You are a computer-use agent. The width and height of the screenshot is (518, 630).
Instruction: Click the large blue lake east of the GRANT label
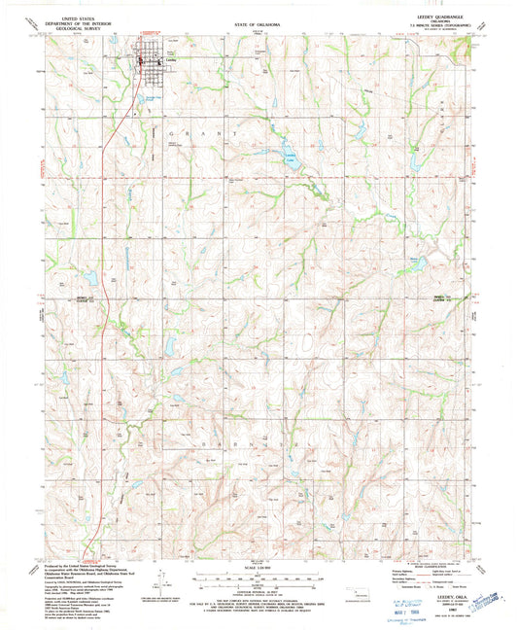click(x=290, y=157)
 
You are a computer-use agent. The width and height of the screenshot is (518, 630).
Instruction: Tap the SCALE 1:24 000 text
click(x=259, y=570)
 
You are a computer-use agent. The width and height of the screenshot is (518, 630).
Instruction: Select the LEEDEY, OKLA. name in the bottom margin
click(x=426, y=597)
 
